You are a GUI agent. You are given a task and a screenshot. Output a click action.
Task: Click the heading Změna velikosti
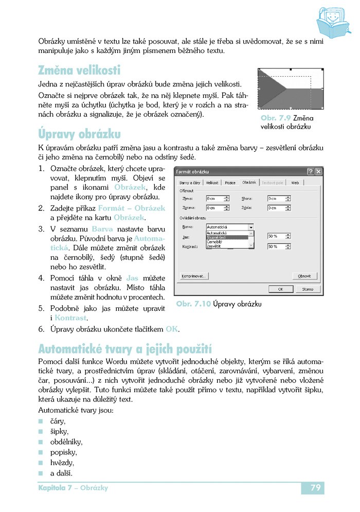[x=79, y=70]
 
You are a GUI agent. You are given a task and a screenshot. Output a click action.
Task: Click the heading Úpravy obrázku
[x=80, y=134]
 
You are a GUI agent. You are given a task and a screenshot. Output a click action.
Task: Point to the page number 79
[x=316, y=487]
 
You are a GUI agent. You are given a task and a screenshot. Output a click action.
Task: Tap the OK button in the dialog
[x=281, y=289]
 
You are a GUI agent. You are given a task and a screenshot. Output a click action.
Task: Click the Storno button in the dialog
[x=308, y=289]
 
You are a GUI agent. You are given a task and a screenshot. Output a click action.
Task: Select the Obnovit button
[x=304, y=276]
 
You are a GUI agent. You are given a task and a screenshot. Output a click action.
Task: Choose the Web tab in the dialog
[x=295, y=183]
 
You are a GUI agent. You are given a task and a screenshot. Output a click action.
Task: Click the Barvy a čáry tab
[x=189, y=183]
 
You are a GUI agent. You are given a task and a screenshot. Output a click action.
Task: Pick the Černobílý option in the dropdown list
[x=215, y=241]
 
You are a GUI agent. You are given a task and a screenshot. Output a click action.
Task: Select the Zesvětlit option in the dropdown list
[x=214, y=246]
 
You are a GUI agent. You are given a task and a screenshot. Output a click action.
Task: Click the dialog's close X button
[x=319, y=171]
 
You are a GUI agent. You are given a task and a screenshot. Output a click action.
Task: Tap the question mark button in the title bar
[x=311, y=171]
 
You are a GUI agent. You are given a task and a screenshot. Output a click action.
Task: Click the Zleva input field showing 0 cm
[x=217, y=198]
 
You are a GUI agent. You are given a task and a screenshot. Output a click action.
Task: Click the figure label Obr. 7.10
[x=193, y=304]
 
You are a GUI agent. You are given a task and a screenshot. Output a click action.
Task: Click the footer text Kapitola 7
[x=55, y=488]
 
